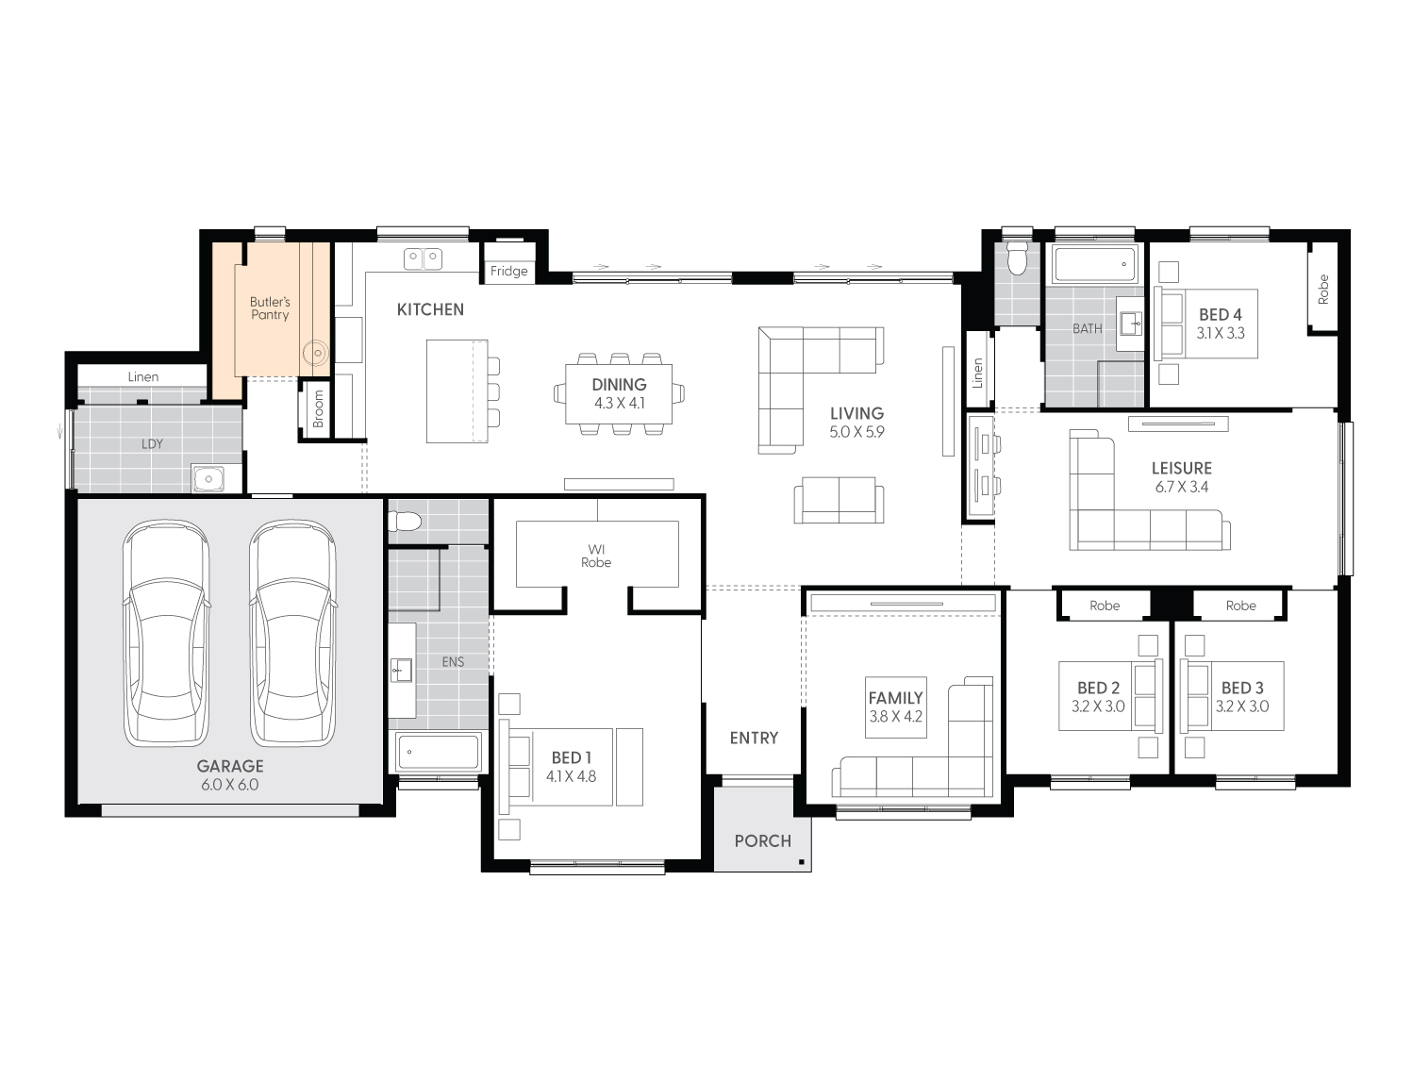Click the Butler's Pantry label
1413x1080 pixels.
[270, 308]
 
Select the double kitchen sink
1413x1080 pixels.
[423, 258]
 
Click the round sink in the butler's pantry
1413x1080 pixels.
[316, 353]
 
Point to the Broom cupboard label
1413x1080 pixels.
[318, 408]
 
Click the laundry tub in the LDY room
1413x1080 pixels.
[208, 479]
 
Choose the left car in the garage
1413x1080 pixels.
[166, 633]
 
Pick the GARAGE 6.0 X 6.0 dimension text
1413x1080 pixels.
[230, 775]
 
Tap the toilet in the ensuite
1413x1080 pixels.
[405, 520]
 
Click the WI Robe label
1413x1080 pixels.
[596, 557]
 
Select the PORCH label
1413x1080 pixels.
[763, 841]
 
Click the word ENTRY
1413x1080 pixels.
[754, 739]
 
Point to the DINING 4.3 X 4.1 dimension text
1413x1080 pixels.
[620, 394]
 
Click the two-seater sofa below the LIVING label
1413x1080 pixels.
[839, 500]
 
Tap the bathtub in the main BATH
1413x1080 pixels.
[1095, 264]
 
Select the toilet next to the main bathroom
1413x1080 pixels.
[1017, 258]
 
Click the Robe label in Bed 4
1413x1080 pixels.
[1323, 289]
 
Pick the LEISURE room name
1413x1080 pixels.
[1182, 468]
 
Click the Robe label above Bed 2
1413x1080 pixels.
[1105, 606]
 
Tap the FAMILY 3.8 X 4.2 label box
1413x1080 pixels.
[895, 707]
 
